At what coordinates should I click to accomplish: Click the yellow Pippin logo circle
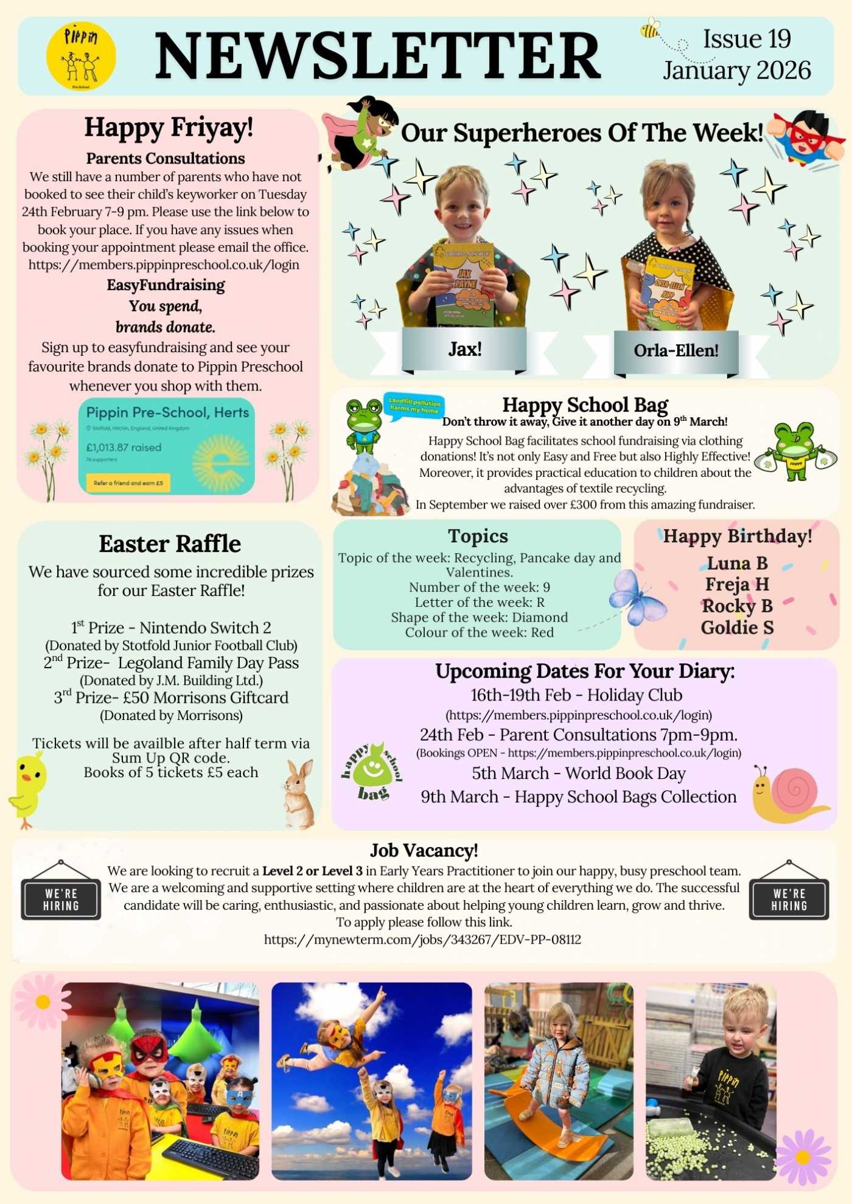81,56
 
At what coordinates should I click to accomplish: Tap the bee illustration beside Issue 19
651,28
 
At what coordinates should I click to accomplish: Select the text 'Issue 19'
747,39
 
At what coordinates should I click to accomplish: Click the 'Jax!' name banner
464,349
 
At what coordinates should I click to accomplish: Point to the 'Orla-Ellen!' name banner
676,350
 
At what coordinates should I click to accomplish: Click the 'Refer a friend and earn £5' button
128,483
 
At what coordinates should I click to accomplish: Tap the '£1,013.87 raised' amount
124,448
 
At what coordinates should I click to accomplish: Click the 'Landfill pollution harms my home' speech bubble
414,406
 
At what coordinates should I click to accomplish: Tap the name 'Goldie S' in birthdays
737,628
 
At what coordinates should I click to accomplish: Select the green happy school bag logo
371,770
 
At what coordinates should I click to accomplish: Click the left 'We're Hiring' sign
61,899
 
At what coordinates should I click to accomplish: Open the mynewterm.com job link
422,939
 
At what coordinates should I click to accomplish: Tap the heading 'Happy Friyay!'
169,128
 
